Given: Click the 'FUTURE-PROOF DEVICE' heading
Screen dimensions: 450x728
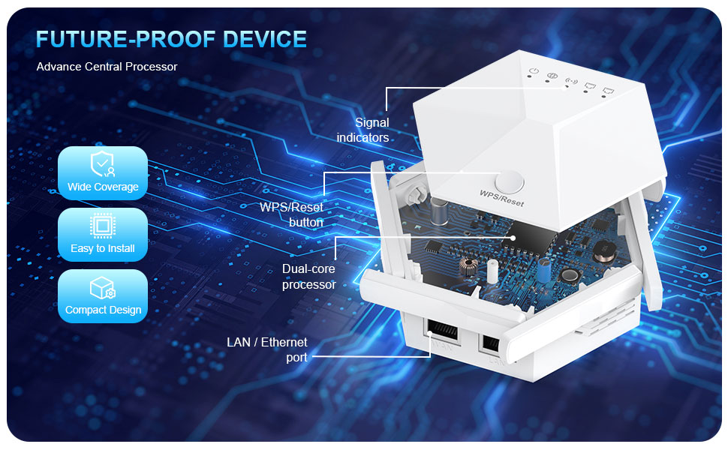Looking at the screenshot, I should (171, 39).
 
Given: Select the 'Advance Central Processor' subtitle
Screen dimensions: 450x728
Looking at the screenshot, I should (107, 67).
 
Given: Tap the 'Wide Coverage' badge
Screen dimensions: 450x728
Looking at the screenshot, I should (103, 173).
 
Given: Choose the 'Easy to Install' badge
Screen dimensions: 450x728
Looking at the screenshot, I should (103, 235).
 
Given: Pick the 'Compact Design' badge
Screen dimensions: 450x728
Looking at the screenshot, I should (103, 296).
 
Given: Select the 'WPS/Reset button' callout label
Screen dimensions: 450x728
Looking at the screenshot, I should (292, 214).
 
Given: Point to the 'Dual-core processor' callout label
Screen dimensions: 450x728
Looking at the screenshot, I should (309, 276).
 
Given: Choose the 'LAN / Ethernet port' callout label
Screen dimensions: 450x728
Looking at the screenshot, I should (267, 349).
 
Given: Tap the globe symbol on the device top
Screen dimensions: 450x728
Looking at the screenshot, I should (551, 76).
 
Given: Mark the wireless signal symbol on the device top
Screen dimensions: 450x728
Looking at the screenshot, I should (570, 81).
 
